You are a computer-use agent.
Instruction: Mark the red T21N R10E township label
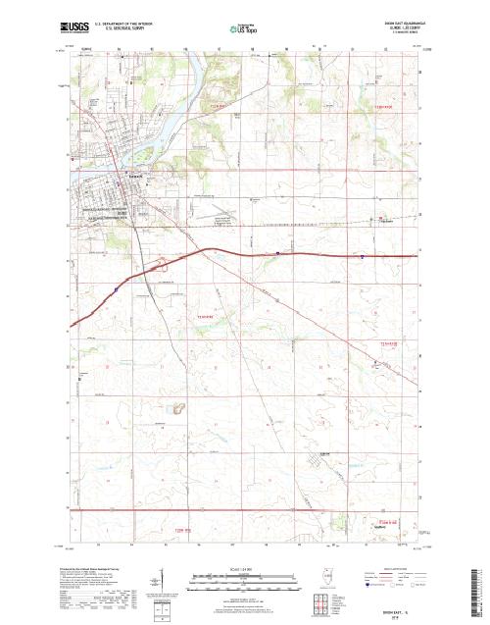click(x=391, y=343)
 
